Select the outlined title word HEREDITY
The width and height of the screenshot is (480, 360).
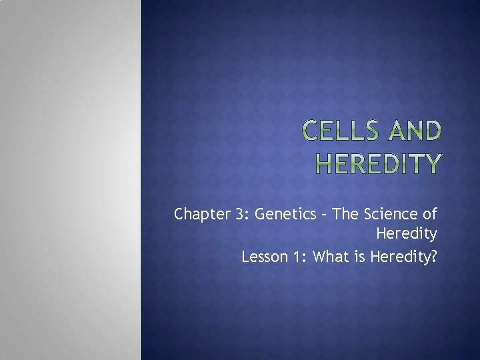(x=378, y=163)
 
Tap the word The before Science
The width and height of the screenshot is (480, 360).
(x=344, y=215)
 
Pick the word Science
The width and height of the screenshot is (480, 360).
(x=390, y=215)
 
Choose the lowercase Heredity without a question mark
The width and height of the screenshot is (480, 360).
(x=407, y=234)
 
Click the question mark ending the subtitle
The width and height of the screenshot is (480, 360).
(x=434, y=257)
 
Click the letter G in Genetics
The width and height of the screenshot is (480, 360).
(x=260, y=215)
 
